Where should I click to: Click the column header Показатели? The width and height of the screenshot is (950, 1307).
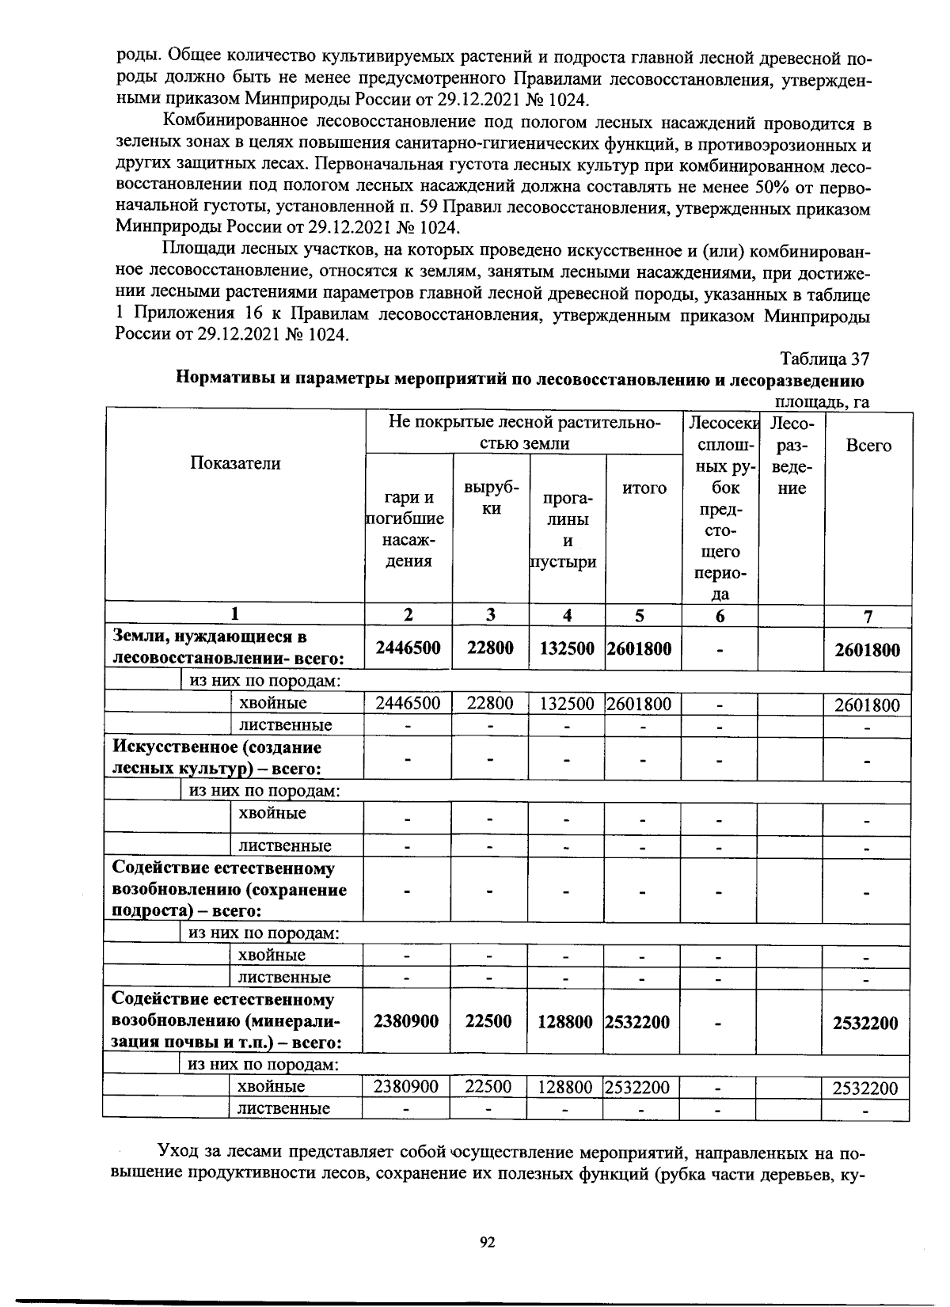pyautogui.click(x=234, y=463)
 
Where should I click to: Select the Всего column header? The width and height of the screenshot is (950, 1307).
pyautogui.click(x=868, y=445)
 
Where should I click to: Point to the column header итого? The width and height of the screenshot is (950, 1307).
pyautogui.click(x=644, y=488)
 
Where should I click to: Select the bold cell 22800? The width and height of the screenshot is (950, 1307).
pyautogui.click(x=490, y=648)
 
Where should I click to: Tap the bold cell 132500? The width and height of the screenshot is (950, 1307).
pyautogui.click(x=567, y=648)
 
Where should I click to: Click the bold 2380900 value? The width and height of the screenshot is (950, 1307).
pyautogui.click(x=406, y=1022)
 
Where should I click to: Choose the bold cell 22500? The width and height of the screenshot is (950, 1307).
pyautogui.click(x=488, y=1022)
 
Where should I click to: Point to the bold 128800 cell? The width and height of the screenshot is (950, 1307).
pyautogui.click(x=565, y=1022)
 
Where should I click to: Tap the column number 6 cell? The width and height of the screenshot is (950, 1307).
pyautogui.click(x=720, y=615)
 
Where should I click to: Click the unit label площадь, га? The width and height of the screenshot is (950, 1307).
pyautogui.click(x=821, y=402)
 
